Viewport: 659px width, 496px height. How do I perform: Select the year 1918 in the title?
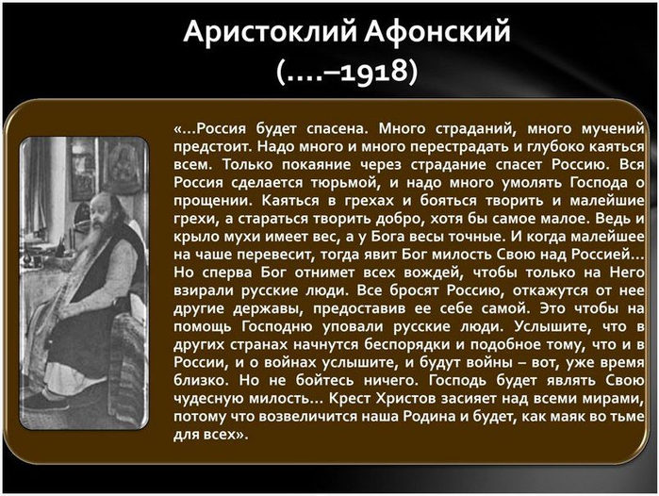pos(374,71)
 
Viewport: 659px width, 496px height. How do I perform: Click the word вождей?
pos(434,273)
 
